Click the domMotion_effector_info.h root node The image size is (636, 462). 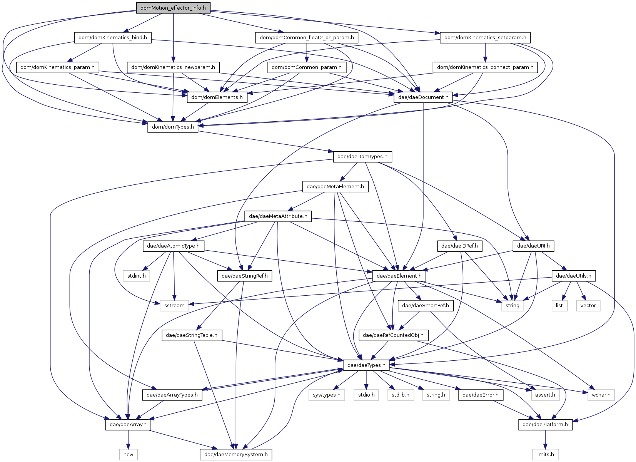[173, 8]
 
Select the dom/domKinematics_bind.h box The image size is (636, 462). [113, 37]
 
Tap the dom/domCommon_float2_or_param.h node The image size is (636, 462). [307, 37]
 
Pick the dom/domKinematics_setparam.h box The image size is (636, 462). [485, 37]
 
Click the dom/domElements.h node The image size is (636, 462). [217, 97]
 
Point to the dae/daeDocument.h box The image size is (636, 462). [423, 97]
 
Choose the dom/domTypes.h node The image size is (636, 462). [173, 127]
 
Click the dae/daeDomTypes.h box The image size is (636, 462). [362, 157]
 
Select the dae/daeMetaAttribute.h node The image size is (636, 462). [278, 216]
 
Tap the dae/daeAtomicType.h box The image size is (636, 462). [174, 246]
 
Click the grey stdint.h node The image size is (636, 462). [136, 276]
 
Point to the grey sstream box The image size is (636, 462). [174, 305]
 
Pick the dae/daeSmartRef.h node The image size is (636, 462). [426, 305]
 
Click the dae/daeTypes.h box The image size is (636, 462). [366, 365]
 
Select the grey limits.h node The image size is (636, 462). [545, 454]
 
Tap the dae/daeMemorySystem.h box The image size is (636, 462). [236, 454]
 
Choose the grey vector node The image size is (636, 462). [588, 305]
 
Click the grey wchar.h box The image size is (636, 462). [601, 395]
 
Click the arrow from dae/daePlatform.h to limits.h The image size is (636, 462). [545, 440]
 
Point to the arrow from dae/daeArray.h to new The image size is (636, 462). [129, 440]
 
